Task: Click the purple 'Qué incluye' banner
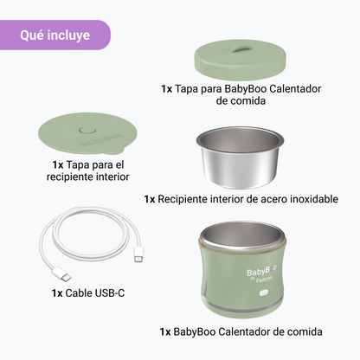tap(55, 35)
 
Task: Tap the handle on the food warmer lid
tap(241, 48)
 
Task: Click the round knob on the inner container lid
tap(86, 130)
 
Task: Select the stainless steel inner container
tap(240, 157)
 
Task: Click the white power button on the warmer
tap(264, 293)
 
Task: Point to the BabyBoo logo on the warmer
tap(261, 271)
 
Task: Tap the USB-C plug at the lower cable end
tap(61, 274)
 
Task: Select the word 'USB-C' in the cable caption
tap(110, 293)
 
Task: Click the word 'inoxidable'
tap(314, 199)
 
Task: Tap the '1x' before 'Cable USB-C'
tap(57, 293)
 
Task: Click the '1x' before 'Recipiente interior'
tap(150, 199)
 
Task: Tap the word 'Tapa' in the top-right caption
tap(186, 88)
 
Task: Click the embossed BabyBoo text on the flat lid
tap(100, 140)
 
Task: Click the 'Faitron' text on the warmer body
tap(264, 280)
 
